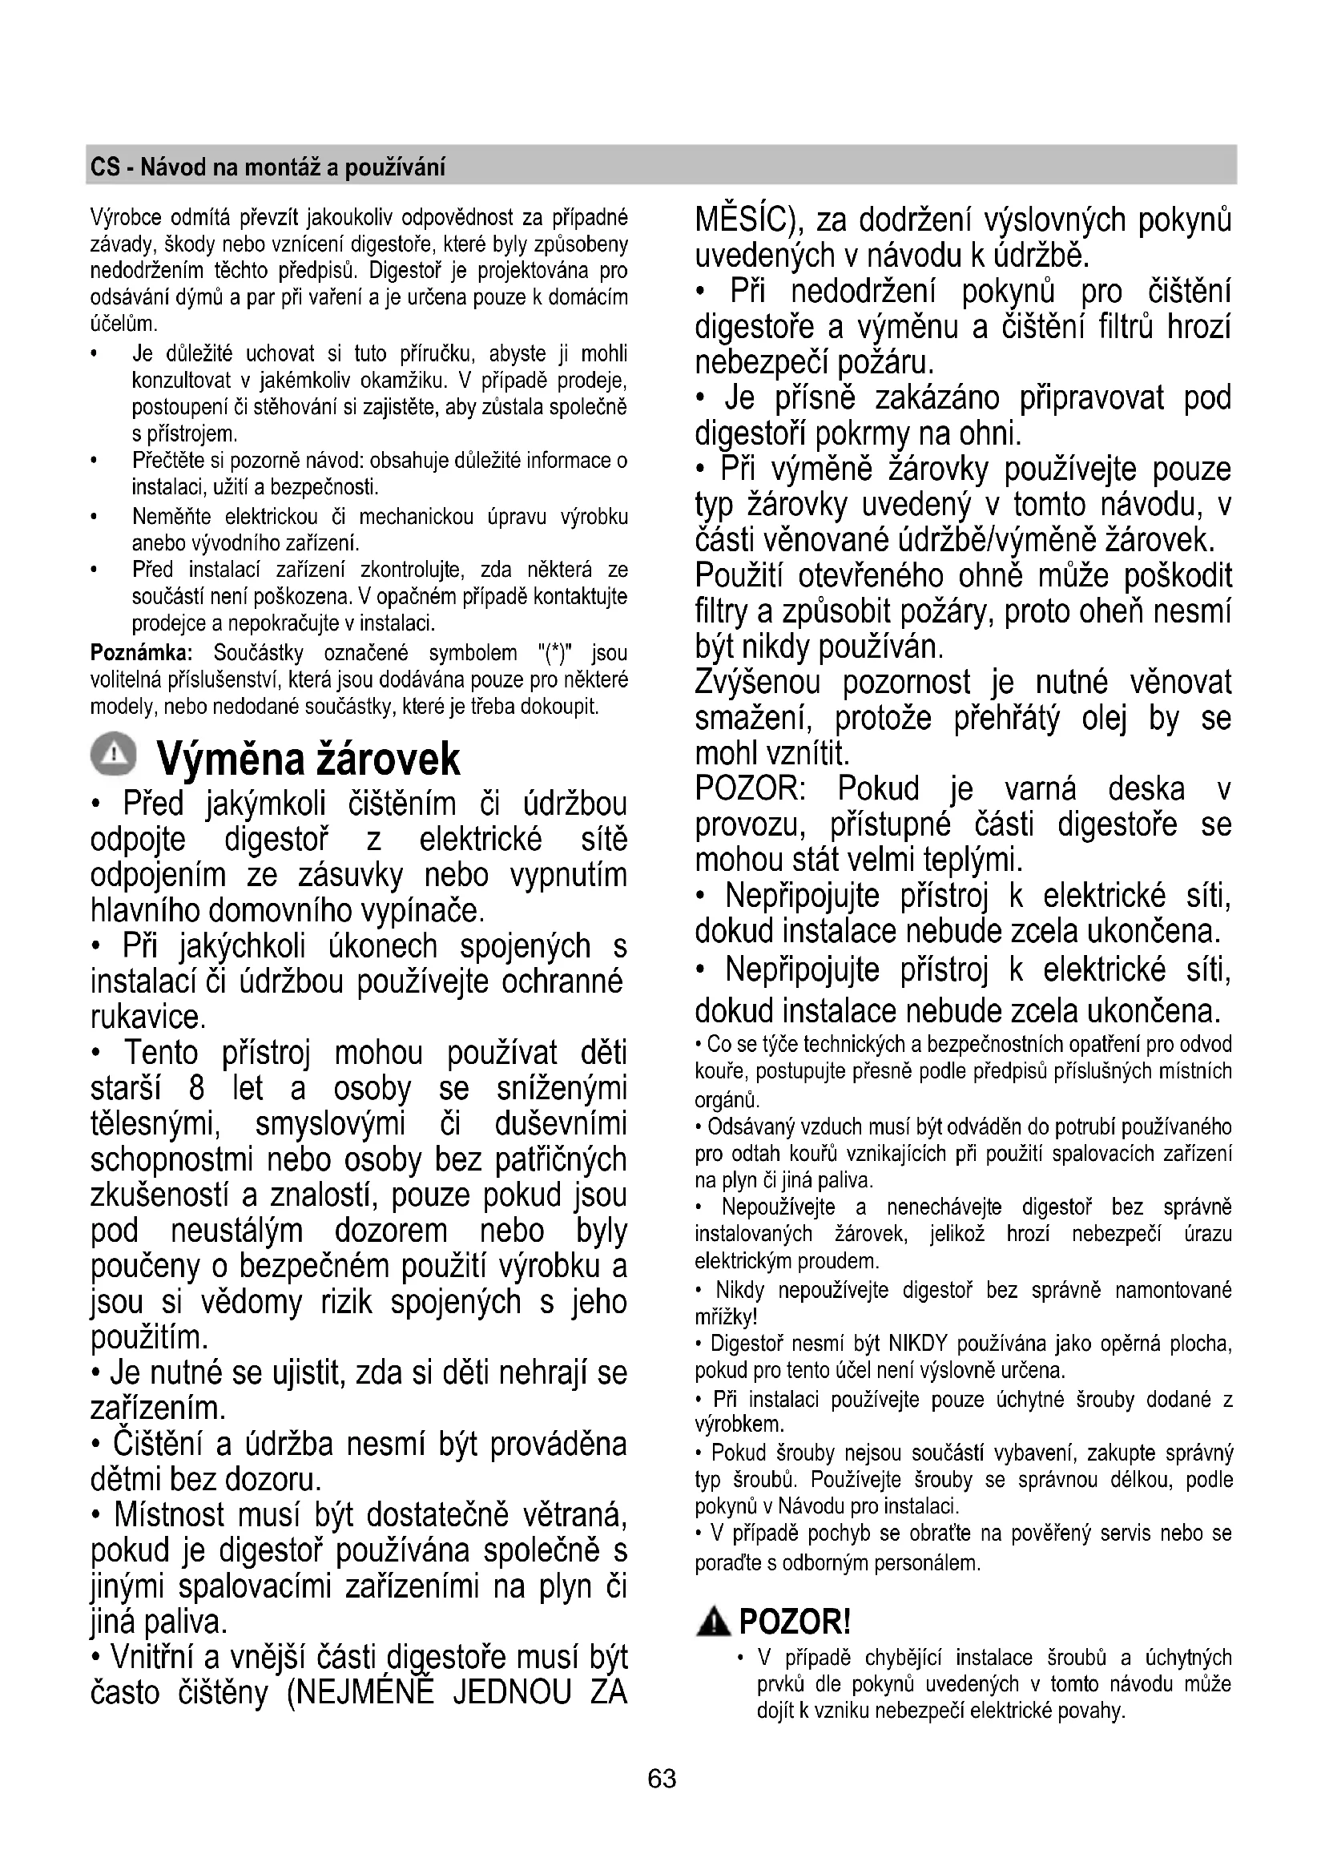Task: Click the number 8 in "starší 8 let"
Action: pyautogui.click(x=195, y=1089)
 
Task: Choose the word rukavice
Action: pyautogui.click(x=147, y=1017)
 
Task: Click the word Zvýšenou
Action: pyautogui.click(x=757, y=683)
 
